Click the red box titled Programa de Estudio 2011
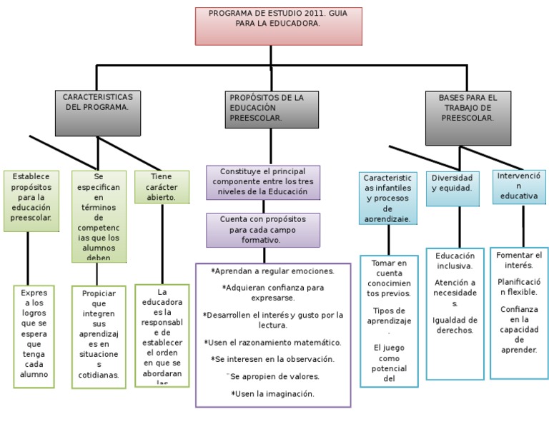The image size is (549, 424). pos(278,26)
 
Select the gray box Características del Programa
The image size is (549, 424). pos(97,113)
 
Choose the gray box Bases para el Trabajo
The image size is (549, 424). pos(468,118)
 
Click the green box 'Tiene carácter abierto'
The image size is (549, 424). pos(162,187)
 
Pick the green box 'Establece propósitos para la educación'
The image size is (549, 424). pos(31,201)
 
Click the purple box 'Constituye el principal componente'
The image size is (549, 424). pos(263,182)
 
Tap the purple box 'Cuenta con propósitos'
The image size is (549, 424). pos(263,230)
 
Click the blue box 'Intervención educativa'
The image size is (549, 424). pos(519,186)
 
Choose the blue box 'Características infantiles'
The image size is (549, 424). pos(388,198)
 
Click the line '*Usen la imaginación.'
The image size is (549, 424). pos(272,393)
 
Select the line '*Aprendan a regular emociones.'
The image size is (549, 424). pos(272,271)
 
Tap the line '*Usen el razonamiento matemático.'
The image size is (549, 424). pos(272,342)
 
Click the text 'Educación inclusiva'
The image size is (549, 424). pos(455,261)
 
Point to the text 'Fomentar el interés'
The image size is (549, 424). pos(519,261)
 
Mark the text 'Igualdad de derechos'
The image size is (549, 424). pos(455,325)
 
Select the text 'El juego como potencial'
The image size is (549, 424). pos(389,363)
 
